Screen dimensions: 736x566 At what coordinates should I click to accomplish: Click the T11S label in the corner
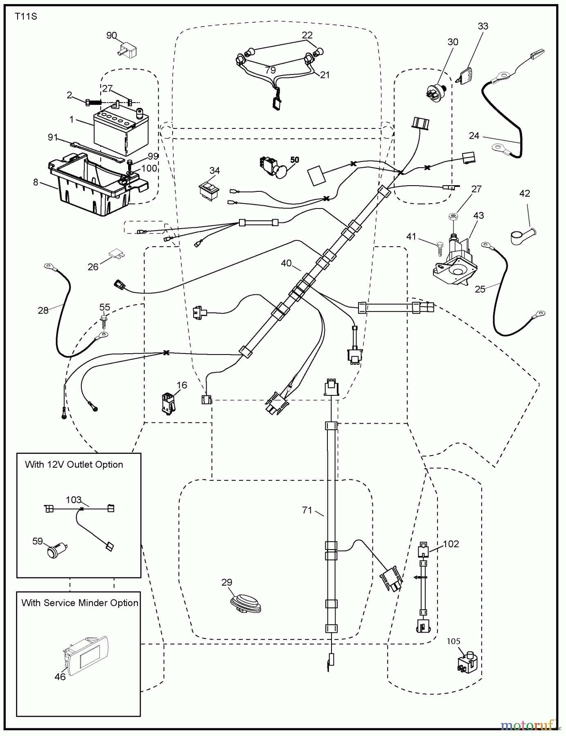[x=26, y=17]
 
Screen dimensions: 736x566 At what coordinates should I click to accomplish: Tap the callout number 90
[x=111, y=36]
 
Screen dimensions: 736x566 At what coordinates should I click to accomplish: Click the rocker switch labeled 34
[x=210, y=188]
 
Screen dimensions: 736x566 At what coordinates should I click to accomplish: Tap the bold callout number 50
[x=294, y=160]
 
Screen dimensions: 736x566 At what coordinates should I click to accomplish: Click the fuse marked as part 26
[x=117, y=255]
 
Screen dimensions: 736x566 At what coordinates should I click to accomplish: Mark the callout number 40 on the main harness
[x=286, y=263]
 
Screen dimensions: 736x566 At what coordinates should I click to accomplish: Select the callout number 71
[x=307, y=510]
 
